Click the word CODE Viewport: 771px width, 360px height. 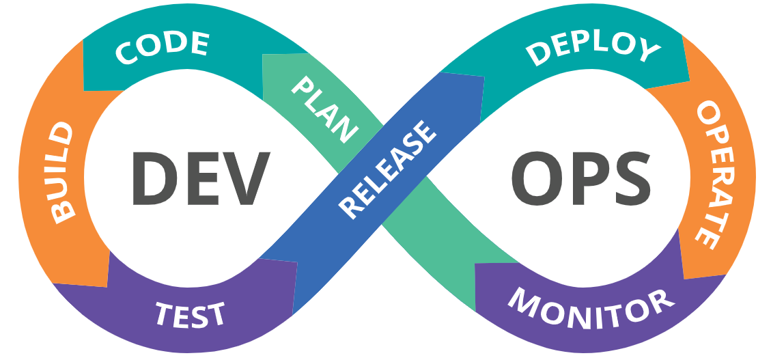click(x=162, y=46)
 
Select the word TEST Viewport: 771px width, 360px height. click(x=191, y=314)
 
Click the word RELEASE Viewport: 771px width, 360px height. click(x=387, y=169)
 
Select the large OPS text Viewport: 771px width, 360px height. click(x=581, y=179)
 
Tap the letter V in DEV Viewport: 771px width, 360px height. click(x=245, y=179)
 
